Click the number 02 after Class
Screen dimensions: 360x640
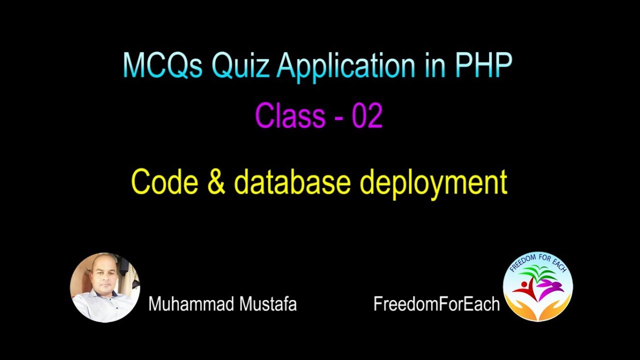coord(367,116)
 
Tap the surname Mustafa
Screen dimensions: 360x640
coord(269,303)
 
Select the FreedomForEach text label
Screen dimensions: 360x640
coord(436,303)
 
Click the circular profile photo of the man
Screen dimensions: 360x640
coord(105,287)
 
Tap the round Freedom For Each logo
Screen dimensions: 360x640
coord(538,286)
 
